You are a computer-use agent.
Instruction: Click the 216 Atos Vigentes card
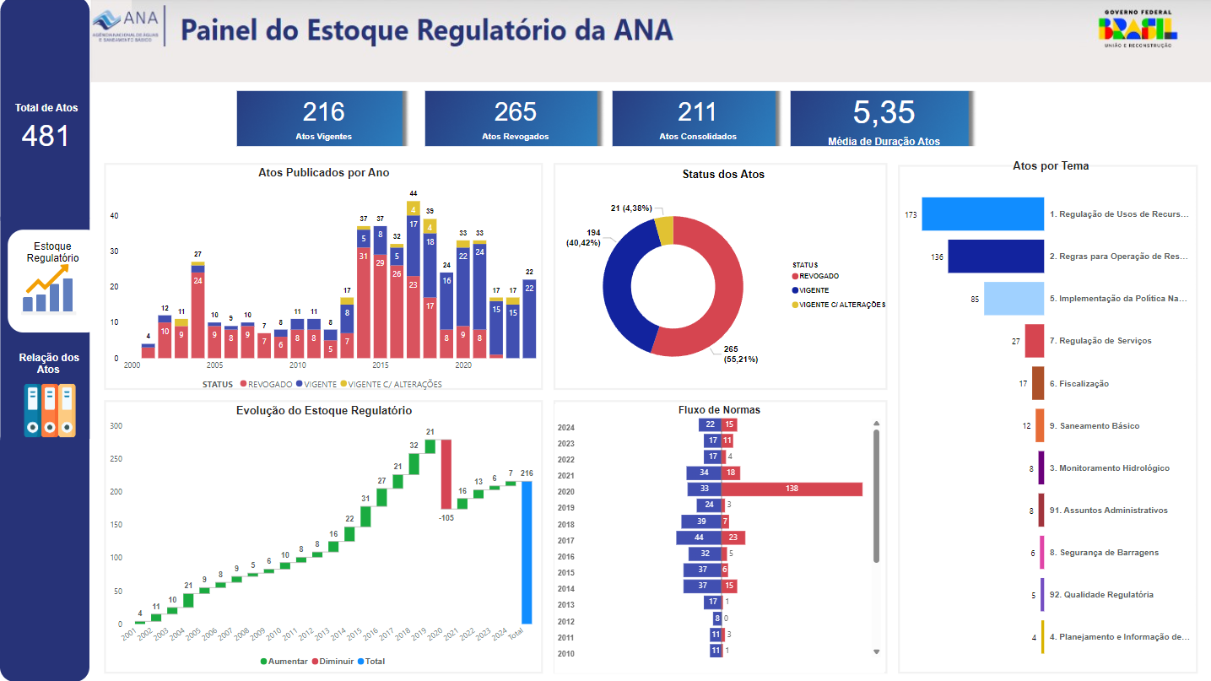[323, 119]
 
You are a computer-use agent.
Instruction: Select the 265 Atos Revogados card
[515, 119]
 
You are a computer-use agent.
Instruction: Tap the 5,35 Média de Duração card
[883, 119]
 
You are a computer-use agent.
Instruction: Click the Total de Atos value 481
[46, 136]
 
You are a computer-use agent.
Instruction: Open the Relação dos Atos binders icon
[49, 410]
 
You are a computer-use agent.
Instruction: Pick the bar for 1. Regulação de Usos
[982, 214]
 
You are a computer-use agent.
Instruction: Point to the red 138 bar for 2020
[792, 489]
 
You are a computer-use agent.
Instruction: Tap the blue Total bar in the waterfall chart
[527, 552]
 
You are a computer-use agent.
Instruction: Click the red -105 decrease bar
[446, 474]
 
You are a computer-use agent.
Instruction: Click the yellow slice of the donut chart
[665, 230]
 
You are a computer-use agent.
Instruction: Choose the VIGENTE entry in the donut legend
[814, 290]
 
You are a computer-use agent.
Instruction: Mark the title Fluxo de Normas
[720, 410]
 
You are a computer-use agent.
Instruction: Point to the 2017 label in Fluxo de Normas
[566, 541]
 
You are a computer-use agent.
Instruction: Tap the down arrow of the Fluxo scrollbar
[876, 651]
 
